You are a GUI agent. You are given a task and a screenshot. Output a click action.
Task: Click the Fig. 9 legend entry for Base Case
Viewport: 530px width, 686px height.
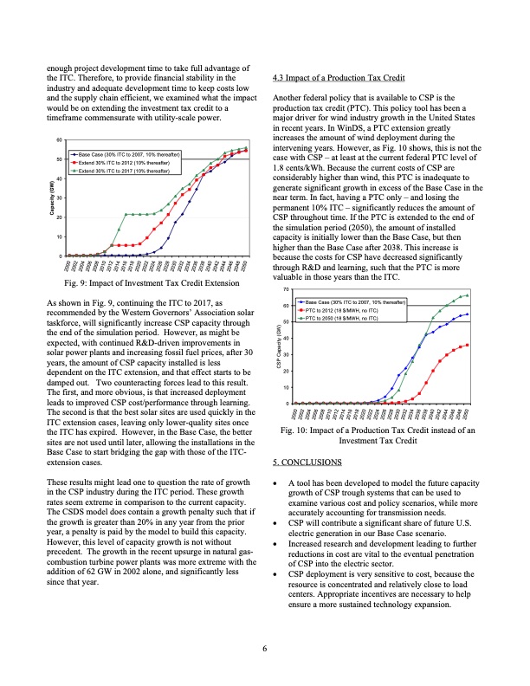130,153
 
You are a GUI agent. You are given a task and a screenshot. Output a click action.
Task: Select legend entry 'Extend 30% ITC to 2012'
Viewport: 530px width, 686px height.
130,161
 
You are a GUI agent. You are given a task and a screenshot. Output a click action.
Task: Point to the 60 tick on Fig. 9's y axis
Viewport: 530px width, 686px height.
59,139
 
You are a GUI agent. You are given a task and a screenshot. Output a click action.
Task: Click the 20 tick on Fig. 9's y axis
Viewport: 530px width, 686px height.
59,217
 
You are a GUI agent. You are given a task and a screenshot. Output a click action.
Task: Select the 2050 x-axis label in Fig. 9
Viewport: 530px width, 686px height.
245,265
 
